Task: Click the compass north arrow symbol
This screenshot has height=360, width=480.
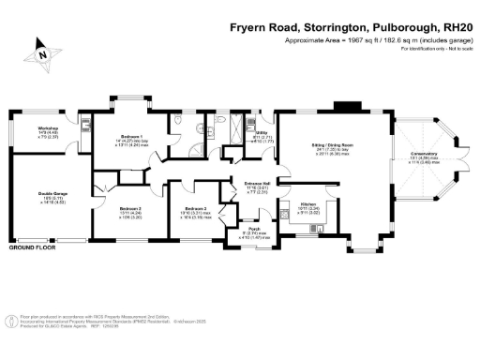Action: click(x=42, y=56)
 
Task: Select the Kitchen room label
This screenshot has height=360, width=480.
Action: click(x=310, y=203)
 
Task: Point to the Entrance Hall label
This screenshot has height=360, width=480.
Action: click(x=257, y=183)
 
